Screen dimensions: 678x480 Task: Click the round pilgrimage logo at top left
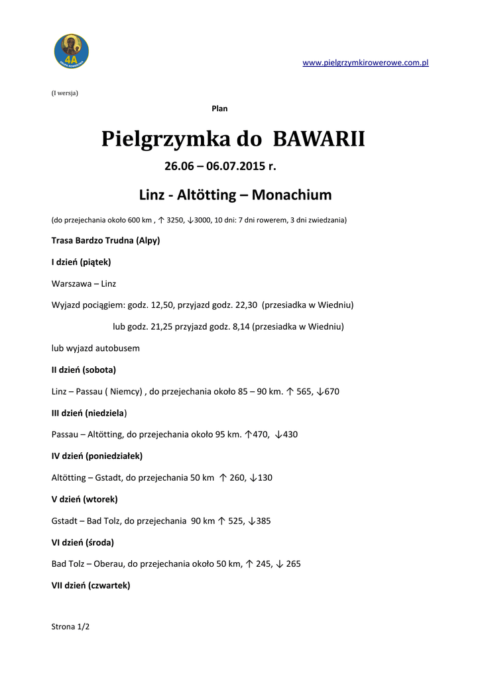[x=71, y=52]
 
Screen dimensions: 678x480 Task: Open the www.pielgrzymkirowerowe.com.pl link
[x=365, y=63]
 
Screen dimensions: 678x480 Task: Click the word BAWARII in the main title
[x=318, y=140]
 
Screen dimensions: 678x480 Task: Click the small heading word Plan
[x=219, y=109]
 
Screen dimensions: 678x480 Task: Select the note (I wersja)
[x=65, y=93]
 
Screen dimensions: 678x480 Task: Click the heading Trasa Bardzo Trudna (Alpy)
[x=105, y=240]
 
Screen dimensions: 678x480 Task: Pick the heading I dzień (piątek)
[x=81, y=262]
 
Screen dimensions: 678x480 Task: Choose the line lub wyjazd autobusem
[x=95, y=348]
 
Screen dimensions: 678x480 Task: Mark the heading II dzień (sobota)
[x=84, y=369]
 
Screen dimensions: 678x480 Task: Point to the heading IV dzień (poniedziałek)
[x=97, y=456]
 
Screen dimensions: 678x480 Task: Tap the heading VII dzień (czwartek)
[x=91, y=585]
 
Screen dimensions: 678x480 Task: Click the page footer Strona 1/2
[x=70, y=626]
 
